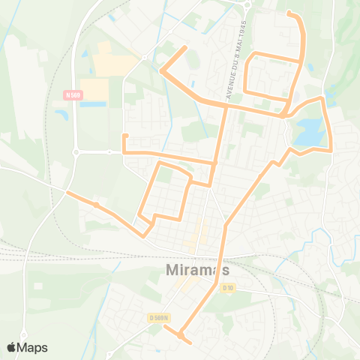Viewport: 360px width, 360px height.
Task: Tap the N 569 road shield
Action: (x=72, y=94)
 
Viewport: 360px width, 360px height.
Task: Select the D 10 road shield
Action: (x=229, y=287)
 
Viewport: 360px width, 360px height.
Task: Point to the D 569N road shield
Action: (x=160, y=318)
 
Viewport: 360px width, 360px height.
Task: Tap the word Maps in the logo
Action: (x=33, y=347)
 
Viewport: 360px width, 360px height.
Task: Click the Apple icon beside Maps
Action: (x=11, y=347)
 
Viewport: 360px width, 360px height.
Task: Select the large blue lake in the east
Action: (x=310, y=132)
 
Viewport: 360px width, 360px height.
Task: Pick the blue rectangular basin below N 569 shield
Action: (x=93, y=103)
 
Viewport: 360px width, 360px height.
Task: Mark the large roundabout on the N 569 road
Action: (x=76, y=151)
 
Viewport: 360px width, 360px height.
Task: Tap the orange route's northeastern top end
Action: (x=289, y=12)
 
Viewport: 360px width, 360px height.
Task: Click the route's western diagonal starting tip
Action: (x=68, y=193)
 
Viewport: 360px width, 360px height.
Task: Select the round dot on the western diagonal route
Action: (x=97, y=204)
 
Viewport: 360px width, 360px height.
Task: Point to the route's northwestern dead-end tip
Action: (x=185, y=48)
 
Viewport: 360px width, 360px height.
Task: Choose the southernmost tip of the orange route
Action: (x=190, y=343)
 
